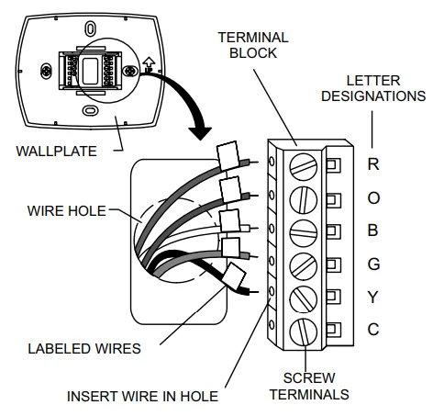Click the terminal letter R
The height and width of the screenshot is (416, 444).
373,163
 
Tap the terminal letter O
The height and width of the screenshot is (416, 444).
373,197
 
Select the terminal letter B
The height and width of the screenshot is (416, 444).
372,230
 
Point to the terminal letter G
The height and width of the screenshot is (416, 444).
373,264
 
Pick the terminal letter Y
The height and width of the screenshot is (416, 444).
373,297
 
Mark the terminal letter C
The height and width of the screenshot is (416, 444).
373,330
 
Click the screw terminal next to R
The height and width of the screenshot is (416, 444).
304,167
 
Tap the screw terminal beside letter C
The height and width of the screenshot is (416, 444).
304,332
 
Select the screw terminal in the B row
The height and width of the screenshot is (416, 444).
304,233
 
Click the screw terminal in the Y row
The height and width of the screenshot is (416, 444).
304,299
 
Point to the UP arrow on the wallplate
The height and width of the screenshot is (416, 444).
149,64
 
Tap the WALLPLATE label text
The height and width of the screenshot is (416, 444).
56,152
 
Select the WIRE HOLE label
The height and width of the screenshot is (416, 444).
67,211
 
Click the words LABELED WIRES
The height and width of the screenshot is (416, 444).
84,349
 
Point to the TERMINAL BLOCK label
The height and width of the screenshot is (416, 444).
253,45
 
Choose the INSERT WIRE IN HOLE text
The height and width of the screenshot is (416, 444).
142,396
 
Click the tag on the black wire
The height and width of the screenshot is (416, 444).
234,276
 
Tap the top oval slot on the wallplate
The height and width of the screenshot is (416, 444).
90,28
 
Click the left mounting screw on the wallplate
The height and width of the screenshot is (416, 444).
46,71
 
